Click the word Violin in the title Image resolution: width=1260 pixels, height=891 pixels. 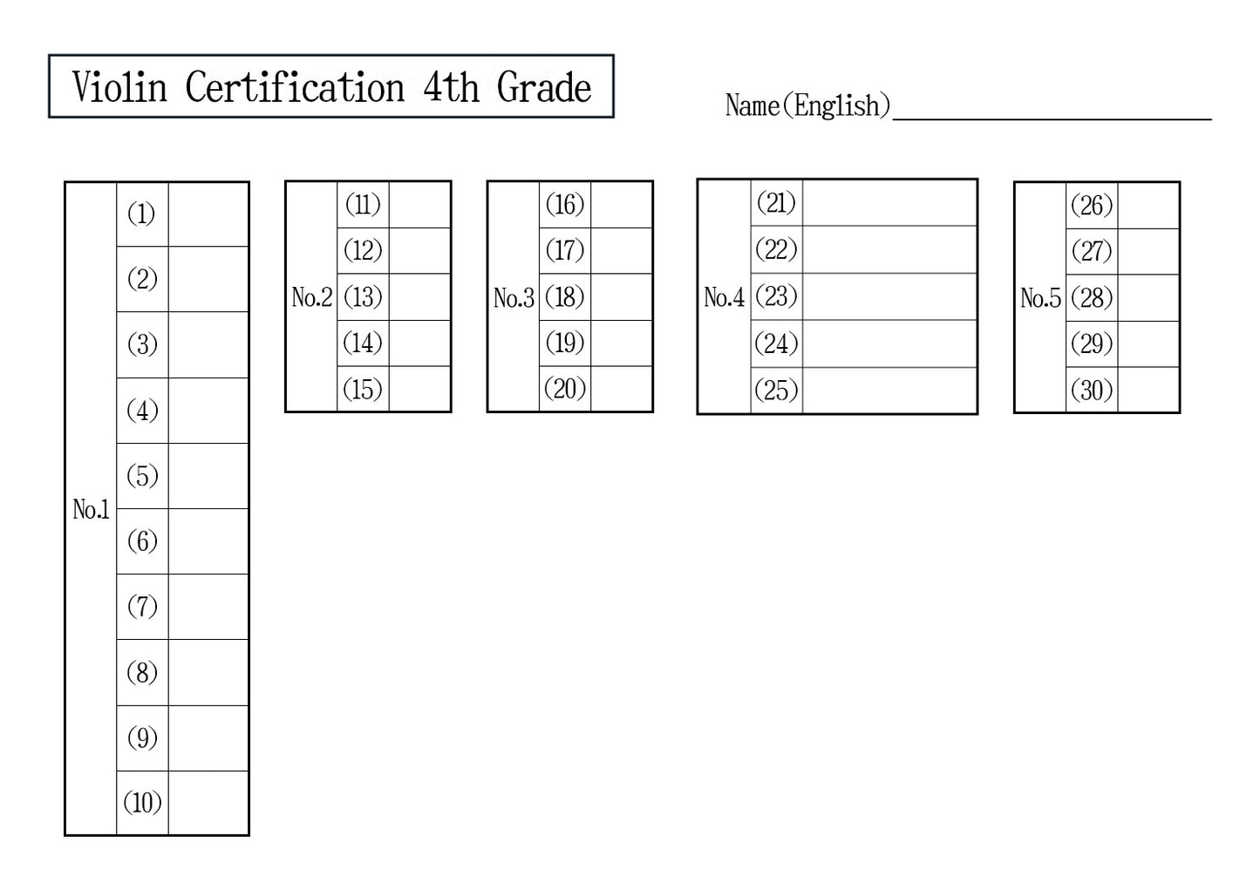(x=119, y=87)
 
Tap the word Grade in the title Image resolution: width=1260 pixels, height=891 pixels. (x=543, y=87)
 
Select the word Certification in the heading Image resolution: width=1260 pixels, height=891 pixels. (x=295, y=87)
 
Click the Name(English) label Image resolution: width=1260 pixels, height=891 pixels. (x=807, y=105)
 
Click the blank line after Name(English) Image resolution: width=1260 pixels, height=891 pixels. (x=1052, y=109)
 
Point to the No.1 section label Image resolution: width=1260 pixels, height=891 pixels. (x=91, y=509)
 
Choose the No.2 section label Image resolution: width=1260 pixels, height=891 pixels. (x=311, y=297)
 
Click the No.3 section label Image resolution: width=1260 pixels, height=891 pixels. (x=514, y=298)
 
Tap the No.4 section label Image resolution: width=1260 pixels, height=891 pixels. (x=724, y=297)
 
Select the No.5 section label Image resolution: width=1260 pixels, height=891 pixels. (x=1040, y=298)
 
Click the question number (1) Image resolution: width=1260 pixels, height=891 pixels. (x=142, y=214)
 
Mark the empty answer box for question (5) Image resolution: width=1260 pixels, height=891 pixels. (x=208, y=476)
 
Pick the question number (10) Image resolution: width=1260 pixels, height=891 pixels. (x=142, y=802)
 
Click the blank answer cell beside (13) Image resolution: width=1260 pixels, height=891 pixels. (x=419, y=297)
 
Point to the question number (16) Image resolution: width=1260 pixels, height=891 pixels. (x=564, y=205)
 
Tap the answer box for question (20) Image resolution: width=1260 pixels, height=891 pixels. (x=621, y=389)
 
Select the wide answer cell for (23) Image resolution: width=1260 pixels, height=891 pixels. (x=889, y=296)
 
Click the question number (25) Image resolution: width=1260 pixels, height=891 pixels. (x=776, y=390)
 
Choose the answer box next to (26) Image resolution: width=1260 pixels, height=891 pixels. (x=1148, y=206)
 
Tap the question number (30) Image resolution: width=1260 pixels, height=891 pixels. (x=1092, y=390)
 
